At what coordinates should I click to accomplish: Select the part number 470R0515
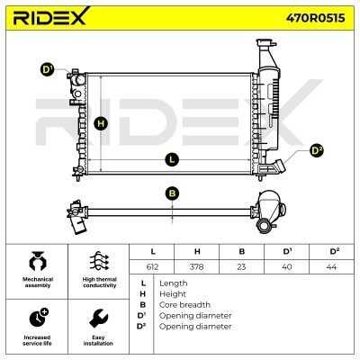click(315, 18)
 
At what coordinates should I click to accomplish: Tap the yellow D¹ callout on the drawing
click(47, 69)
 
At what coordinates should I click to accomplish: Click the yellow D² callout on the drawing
click(317, 151)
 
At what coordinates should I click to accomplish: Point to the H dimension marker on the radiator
click(101, 123)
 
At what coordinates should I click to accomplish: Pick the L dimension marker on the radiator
click(172, 159)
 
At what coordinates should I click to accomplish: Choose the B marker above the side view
click(172, 193)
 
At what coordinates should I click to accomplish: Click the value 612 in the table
click(152, 266)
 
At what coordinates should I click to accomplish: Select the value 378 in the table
click(196, 266)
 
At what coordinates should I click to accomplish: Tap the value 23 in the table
click(241, 266)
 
